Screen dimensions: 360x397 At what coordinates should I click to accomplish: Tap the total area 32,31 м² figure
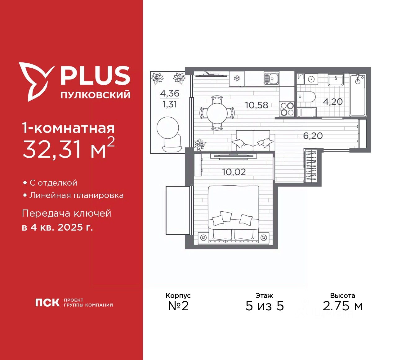[x=69, y=148]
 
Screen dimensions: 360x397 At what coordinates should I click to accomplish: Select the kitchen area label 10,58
[x=256, y=105]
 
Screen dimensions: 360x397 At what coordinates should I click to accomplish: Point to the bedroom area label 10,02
[x=234, y=172]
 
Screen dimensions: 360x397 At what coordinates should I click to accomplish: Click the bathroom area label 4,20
[x=333, y=101]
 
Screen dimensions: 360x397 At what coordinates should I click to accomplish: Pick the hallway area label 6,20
[x=313, y=136]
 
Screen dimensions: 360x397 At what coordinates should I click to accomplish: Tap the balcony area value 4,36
[x=170, y=93]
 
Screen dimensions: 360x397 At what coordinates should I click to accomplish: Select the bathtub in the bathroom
[x=358, y=95]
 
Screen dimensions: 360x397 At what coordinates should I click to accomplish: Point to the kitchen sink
[x=272, y=79]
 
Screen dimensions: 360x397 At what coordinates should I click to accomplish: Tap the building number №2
[x=178, y=306]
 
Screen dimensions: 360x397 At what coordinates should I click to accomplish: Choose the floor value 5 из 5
[x=265, y=306]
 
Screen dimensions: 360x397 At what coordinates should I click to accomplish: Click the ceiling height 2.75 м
[x=342, y=306]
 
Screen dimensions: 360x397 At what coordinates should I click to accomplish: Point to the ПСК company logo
[x=47, y=303]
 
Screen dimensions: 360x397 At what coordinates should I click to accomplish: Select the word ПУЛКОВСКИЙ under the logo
[x=95, y=95]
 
